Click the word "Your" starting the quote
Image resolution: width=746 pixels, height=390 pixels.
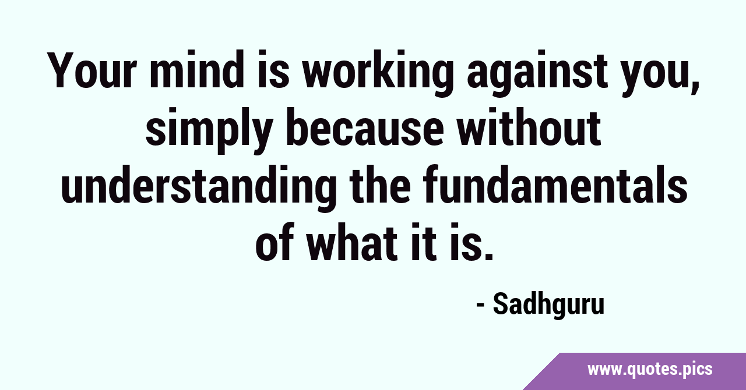coord(92,70)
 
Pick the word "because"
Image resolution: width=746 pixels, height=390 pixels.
coord(365,127)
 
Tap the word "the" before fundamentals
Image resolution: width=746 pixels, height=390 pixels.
coord(379,184)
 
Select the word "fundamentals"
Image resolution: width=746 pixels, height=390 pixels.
coord(555,184)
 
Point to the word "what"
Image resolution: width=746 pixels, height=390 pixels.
coord(351,240)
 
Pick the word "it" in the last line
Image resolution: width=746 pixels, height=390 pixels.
coord(423,240)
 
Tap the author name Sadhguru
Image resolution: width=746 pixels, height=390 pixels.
coord(548,306)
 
